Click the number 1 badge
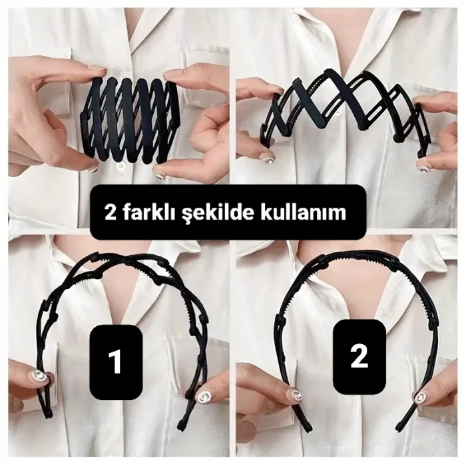click(115, 361)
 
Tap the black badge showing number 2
click(358, 357)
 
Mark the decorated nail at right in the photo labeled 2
click(421, 397)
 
